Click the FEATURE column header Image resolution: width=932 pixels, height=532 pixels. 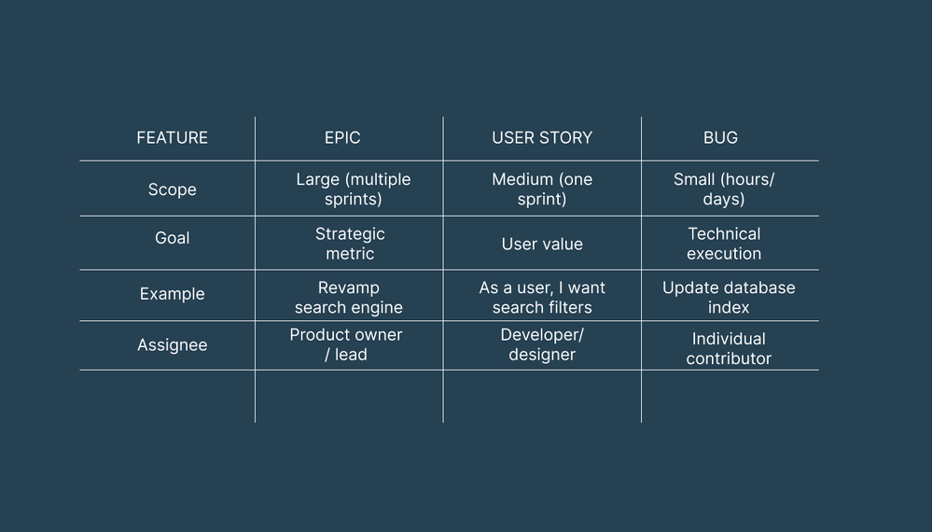(172, 138)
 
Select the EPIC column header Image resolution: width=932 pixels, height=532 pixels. (342, 138)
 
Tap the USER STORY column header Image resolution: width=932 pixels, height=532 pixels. (542, 138)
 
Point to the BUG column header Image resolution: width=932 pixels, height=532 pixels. (720, 138)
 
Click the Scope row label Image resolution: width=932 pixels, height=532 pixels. (172, 189)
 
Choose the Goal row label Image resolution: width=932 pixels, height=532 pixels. (172, 238)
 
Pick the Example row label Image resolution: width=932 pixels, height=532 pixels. (172, 294)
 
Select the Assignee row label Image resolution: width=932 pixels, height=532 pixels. (172, 345)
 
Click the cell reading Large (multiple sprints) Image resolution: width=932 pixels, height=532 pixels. (353, 189)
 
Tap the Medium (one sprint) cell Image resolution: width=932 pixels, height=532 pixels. (542, 189)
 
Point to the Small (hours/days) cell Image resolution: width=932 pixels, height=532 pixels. (724, 189)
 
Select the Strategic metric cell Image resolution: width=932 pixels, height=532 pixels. (350, 244)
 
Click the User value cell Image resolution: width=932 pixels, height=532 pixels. (542, 245)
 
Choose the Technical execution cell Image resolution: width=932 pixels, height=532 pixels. (724, 244)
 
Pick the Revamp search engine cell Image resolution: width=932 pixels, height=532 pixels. (349, 298)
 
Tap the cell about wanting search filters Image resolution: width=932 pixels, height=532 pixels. (542, 298)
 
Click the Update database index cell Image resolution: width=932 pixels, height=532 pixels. (729, 298)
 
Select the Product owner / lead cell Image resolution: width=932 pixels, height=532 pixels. (346, 344)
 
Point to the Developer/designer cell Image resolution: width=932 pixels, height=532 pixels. (542, 344)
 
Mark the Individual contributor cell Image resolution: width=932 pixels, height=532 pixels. (729, 348)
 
